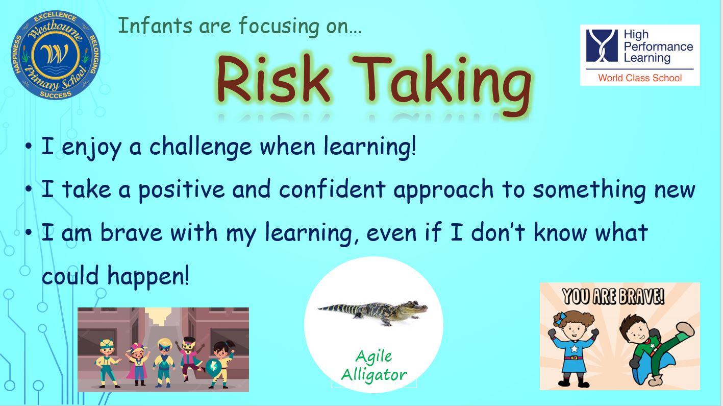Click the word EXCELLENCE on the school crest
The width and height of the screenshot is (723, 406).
pyautogui.click(x=55, y=17)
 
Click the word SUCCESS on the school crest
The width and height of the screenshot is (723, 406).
pyautogui.click(x=56, y=94)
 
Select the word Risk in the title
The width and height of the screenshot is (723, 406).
pyautogui.click(x=273, y=79)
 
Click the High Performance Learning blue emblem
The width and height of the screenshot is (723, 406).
pyautogui.click(x=602, y=45)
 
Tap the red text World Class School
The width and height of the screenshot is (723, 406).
pyautogui.click(x=640, y=78)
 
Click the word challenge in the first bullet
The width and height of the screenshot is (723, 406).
pyautogui.click(x=201, y=147)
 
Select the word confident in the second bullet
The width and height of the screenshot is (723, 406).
pyautogui.click(x=333, y=189)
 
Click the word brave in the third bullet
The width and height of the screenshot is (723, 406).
pyautogui.click(x=131, y=232)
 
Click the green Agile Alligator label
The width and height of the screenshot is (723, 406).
pyautogui.click(x=374, y=366)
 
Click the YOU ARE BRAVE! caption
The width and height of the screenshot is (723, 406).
pyautogui.click(x=613, y=296)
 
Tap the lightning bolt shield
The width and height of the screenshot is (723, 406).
pyautogui.click(x=213, y=367)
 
